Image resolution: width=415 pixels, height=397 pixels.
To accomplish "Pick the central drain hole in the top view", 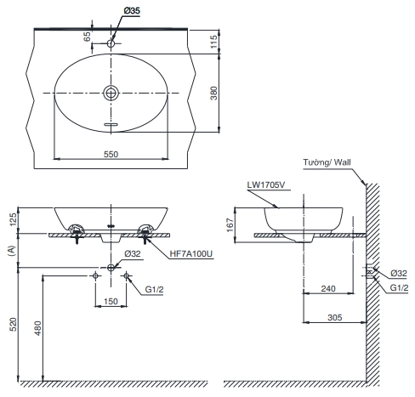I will pos(111,92).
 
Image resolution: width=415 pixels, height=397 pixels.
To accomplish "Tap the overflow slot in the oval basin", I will pos(111,125).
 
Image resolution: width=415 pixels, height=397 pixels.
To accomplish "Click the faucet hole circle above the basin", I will pos(111,41).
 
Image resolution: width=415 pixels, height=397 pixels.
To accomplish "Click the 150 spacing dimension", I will pos(111,302).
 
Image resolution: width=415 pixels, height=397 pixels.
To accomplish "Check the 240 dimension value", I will pos(328,288).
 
